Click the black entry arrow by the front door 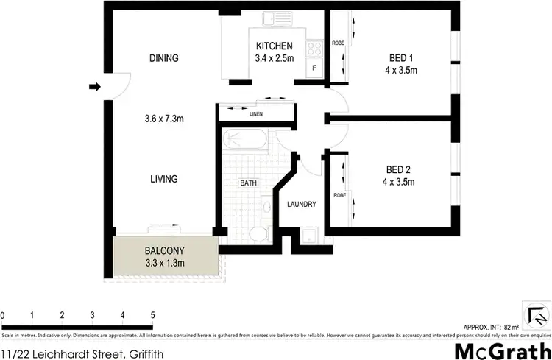click(x=94, y=87)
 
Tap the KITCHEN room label click(x=275, y=46)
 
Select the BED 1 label click(x=403, y=59)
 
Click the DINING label click(x=164, y=58)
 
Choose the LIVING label click(x=163, y=179)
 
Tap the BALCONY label click(x=163, y=250)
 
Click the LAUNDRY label click(x=302, y=205)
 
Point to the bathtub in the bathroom click(x=244, y=140)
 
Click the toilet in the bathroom click(x=257, y=235)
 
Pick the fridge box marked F click(x=314, y=68)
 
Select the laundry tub click(x=310, y=236)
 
